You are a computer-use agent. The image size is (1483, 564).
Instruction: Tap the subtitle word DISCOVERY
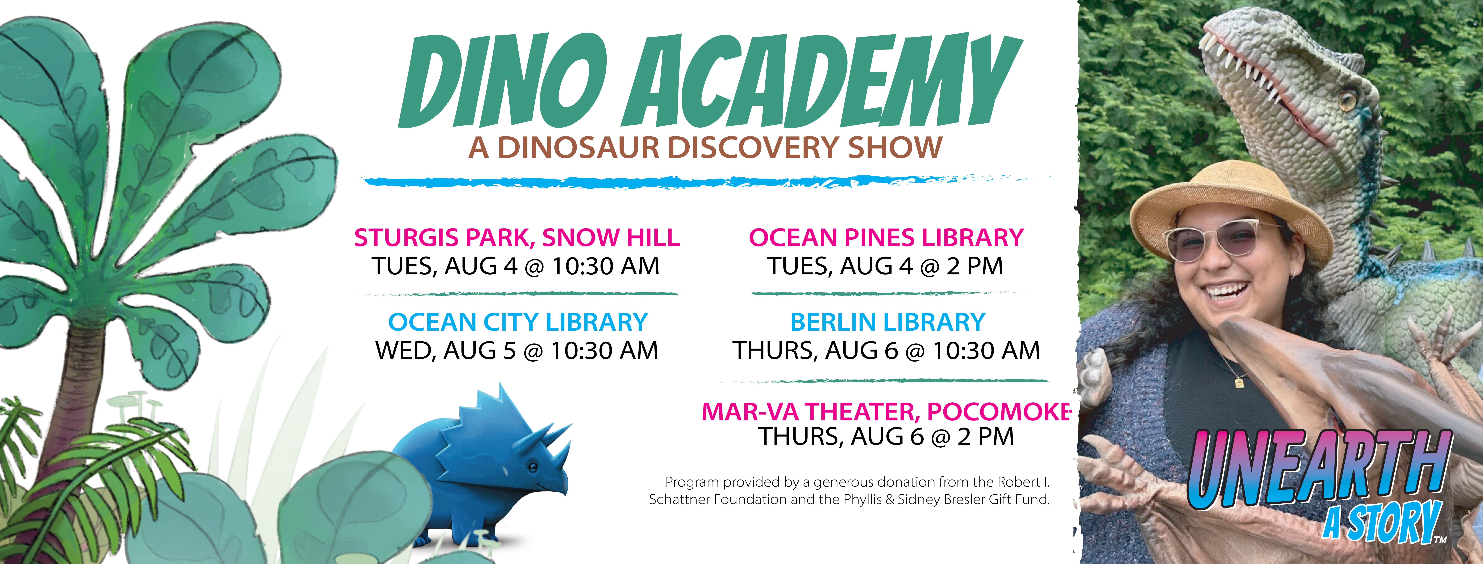pyautogui.click(x=754, y=147)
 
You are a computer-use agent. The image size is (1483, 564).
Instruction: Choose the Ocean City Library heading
pyautogui.click(x=518, y=322)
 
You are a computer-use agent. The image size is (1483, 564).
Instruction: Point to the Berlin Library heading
pyautogui.click(x=887, y=322)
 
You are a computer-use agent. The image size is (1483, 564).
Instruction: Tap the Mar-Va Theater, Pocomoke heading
pyautogui.click(x=886, y=411)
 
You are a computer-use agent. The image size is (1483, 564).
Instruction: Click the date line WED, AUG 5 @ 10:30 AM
pyautogui.click(x=516, y=351)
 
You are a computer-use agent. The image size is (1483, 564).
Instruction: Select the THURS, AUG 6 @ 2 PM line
pyautogui.click(x=885, y=436)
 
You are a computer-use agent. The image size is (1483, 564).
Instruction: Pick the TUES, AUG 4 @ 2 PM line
pyautogui.click(x=885, y=266)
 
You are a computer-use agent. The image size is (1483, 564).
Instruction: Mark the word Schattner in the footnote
pyautogui.click(x=679, y=499)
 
